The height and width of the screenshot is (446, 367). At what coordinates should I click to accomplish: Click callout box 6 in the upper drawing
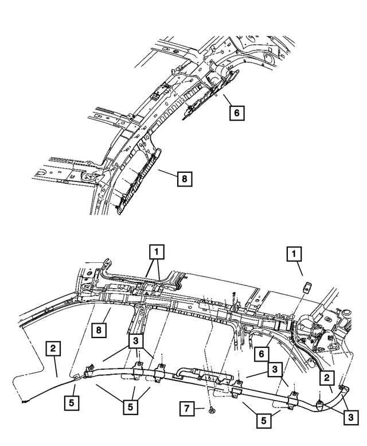tap(237, 113)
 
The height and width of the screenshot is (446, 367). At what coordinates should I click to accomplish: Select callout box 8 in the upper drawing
tap(185, 179)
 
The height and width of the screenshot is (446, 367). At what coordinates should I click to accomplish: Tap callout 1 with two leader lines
tap(157, 251)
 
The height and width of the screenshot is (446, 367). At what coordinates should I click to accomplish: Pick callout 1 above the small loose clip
tap(294, 254)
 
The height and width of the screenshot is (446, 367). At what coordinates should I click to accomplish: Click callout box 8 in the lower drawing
tap(99, 330)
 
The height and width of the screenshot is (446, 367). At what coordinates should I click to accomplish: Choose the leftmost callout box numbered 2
tap(53, 348)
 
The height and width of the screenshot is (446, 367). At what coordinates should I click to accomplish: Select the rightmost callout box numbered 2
tap(327, 378)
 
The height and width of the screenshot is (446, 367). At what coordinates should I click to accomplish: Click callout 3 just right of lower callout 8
tap(136, 341)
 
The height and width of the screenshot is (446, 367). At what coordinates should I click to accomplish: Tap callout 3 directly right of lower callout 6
tap(275, 369)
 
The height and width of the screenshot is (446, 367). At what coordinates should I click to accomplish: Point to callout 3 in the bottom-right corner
tap(351, 417)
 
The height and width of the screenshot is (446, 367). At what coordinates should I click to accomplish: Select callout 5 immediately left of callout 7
tap(130, 407)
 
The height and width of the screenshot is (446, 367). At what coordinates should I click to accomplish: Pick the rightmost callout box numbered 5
tap(264, 420)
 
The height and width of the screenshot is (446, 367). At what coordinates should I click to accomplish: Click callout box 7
tap(187, 409)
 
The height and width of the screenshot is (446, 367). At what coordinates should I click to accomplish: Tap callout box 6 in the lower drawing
tap(261, 354)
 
